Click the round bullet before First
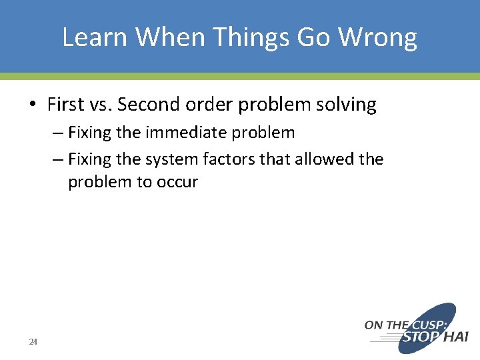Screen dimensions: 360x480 32,105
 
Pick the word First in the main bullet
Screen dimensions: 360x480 65,105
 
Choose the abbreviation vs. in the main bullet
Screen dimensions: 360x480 100,105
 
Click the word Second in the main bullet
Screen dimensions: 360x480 147,105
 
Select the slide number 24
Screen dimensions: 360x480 33,342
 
